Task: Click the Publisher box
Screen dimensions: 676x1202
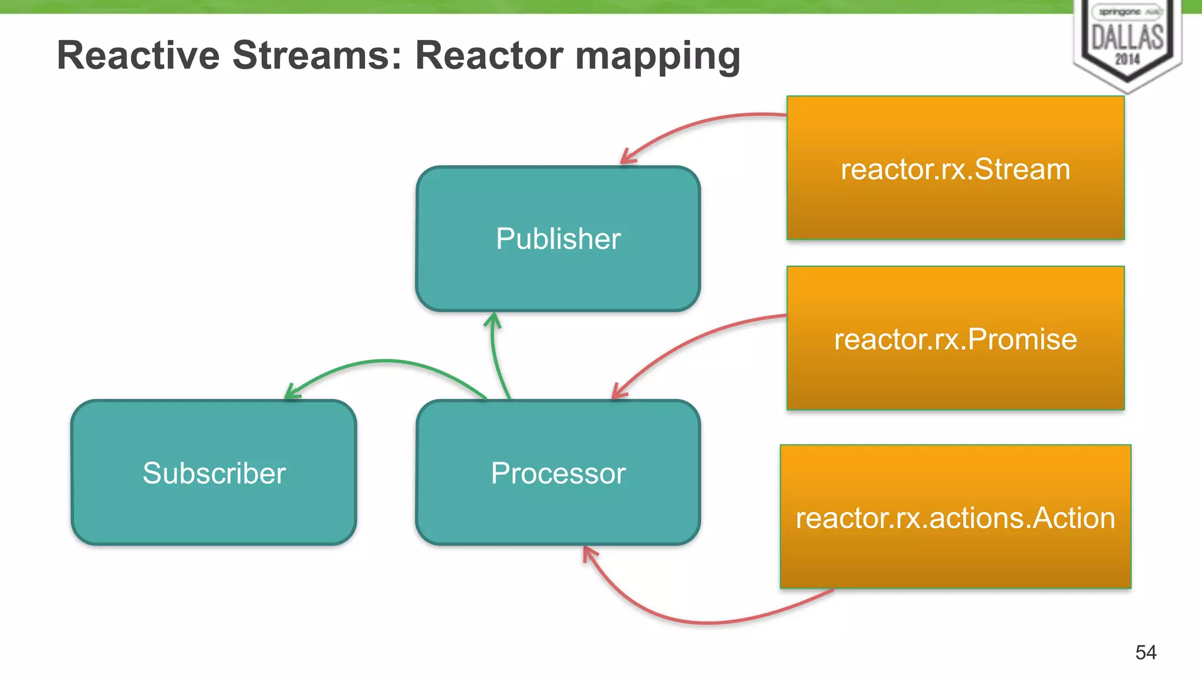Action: tap(558, 239)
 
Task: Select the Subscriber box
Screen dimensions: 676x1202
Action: tap(214, 473)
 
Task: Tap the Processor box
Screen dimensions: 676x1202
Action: tap(558, 473)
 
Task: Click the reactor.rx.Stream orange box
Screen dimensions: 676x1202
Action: tap(955, 169)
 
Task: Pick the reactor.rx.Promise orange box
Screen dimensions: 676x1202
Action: tap(955, 339)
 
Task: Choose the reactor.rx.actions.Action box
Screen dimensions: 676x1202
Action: tap(955, 518)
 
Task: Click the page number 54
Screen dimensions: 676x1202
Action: tap(1146, 652)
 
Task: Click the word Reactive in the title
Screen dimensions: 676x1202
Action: tap(139, 56)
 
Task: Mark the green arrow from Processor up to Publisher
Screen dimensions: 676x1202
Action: tap(497, 358)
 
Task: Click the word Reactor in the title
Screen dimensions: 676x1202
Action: tap(489, 56)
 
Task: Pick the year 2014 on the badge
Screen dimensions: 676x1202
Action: tap(1127, 59)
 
